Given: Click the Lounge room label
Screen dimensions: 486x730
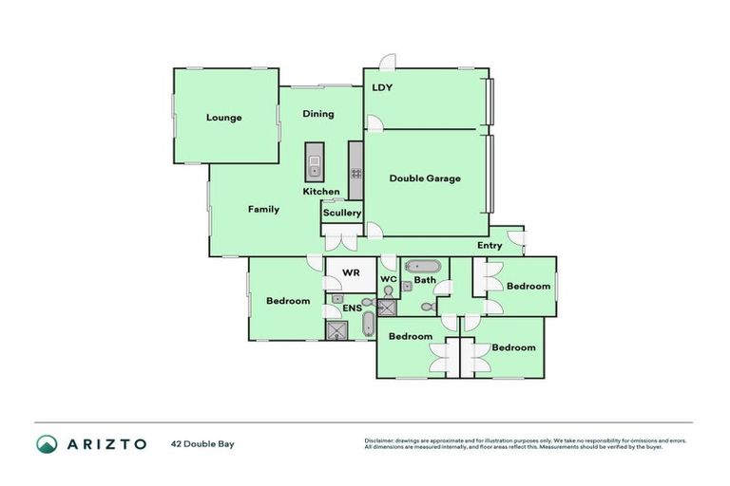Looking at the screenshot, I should point(224,118).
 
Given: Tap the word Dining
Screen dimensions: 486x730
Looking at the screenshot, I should point(318,114).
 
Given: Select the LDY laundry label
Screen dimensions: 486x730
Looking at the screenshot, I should point(382,88).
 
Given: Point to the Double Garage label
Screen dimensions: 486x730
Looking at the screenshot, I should point(425,178).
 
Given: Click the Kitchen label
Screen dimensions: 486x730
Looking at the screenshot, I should point(321,192).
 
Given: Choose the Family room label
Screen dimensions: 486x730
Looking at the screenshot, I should point(263,209).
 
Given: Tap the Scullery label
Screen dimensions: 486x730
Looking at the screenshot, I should point(342,213).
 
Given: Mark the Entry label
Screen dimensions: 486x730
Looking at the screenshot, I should point(490,246).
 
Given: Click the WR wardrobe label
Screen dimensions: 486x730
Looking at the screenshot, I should point(351,272).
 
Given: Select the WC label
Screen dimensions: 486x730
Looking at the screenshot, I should point(388,279).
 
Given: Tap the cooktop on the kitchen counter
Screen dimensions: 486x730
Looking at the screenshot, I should point(356,174).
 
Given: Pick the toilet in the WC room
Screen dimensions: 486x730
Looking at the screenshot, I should point(388,290).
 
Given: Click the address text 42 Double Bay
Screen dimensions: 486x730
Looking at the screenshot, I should point(202,443).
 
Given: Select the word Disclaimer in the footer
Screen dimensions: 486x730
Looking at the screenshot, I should point(381,440).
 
